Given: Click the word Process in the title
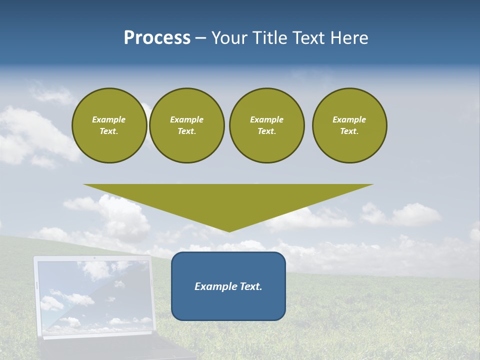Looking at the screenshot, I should pyautogui.click(x=157, y=38).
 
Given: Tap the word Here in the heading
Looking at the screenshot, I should pyautogui.click(x=348, y=38).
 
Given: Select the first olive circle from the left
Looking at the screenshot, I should pyautogui.click(x=109, y=125).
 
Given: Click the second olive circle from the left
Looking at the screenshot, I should pyautogui.click(x=186, y=125).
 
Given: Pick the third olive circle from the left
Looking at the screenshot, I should pyautogui.click(x=266, y=125).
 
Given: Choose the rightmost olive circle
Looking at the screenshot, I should pyautogui.click(x=349, y=125).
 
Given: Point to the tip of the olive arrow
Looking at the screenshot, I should pyautogui.click(x=229, y=231).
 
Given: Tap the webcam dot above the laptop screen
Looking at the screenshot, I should pyautogui.click(x=94, y=258).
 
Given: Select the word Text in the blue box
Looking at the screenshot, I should pyautogui.click(x=250, y=286).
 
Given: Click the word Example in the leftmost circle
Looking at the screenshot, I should pyautogui.click(x=109, y=119).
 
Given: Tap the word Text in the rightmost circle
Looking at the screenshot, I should pyautogui.click(x=349, y=131).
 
